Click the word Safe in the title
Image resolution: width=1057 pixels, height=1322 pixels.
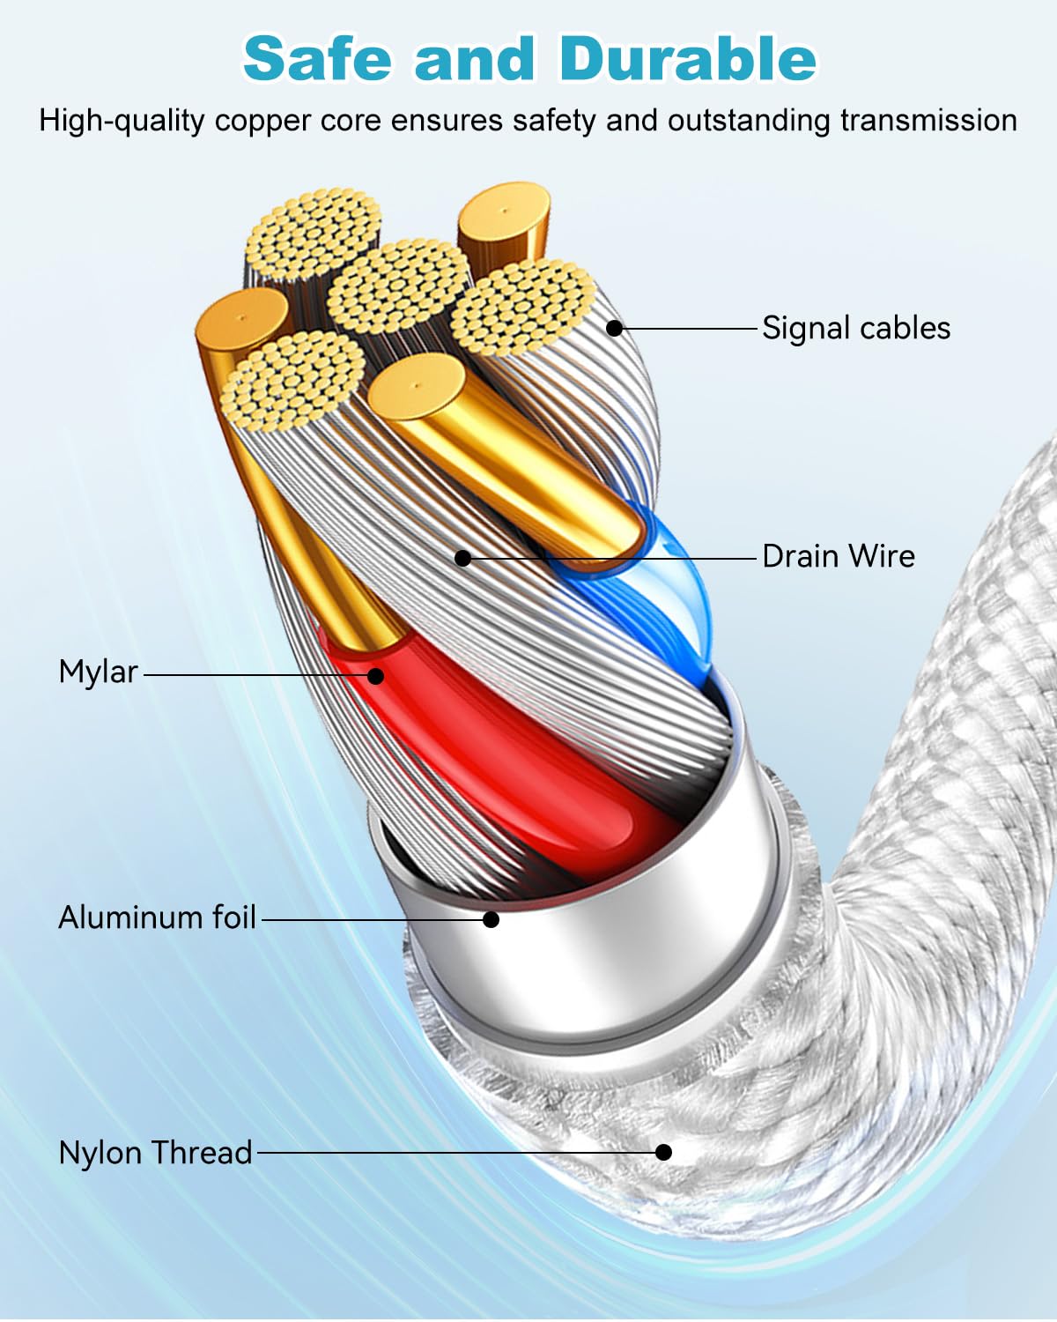(317, 58)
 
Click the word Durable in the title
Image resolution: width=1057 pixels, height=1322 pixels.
(688, 58)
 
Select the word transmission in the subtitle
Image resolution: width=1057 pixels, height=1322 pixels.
(928, 121)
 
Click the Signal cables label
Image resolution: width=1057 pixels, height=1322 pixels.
(856, 328)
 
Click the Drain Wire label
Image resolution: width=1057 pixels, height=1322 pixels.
(839, 557)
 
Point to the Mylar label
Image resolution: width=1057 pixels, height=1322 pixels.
(99, 672)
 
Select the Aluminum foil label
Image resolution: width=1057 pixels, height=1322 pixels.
(158, 917)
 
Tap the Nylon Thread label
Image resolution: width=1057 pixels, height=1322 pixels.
(155, 1153)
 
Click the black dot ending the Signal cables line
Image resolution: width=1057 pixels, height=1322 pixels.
(614, 329)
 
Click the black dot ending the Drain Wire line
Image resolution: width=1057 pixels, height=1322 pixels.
(463, 559)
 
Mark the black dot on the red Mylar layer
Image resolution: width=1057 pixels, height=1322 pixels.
(376, 676)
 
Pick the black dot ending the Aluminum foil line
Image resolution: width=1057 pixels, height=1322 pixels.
(491, 919)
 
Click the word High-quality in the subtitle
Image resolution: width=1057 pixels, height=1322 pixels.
(122, 122)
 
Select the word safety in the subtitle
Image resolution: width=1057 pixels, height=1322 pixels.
(554, 122)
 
